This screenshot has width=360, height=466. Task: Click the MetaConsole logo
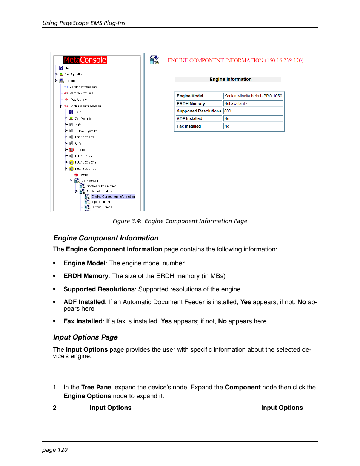point(85,60)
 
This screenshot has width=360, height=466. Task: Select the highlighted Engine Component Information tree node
point(113,197)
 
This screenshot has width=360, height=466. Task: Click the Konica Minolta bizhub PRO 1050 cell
point(253,96)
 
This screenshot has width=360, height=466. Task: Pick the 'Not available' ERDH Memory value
point(235,103)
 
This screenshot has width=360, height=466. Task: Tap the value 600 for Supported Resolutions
point(228,111)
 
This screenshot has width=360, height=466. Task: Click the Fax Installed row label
point(189,126)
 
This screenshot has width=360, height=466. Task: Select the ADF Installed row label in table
point(189,118)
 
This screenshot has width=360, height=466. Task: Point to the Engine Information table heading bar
point(230,79)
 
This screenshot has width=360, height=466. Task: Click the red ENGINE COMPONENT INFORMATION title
point(235,60)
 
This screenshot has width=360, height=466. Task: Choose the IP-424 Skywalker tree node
point(86,131)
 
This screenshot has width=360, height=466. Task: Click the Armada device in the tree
point(80,150)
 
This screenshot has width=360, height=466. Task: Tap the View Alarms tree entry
point(78,100)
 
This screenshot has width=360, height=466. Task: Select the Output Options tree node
point(102,207)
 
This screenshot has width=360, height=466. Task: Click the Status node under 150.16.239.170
point(84,175)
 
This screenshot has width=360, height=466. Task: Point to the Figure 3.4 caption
point(180,221)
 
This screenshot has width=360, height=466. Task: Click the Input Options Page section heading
point(85,337)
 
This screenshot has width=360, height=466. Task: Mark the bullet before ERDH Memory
point(54,276)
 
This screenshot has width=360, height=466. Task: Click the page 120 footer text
point(55,450)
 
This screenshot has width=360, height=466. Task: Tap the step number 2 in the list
point(55,408)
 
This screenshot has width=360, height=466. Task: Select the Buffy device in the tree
point(78,143)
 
